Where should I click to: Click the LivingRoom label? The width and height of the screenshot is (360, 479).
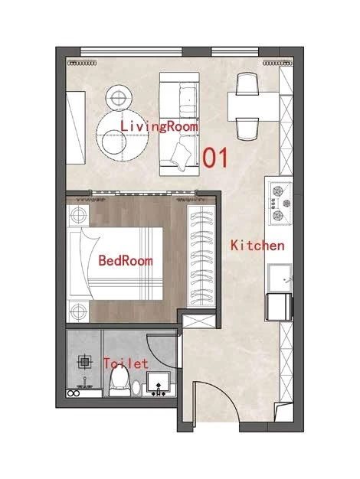(159, 126)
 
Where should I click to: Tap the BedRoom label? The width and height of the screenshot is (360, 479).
(126, 261)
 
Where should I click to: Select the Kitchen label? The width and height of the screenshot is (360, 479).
(257, 246)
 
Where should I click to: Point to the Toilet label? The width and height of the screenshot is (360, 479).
(126, 363)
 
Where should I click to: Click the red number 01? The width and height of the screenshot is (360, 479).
(216, 158)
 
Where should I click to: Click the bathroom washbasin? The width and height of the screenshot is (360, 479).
(159, 383)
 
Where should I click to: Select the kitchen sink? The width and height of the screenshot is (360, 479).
(280, 278)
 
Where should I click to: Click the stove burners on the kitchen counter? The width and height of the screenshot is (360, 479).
(280, 204)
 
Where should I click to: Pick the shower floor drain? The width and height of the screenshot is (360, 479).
(86, 362)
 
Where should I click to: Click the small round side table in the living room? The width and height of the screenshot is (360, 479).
(119, 98)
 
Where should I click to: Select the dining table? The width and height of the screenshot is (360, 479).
(254, 107)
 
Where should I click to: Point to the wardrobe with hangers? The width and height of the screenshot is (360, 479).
(201, 256)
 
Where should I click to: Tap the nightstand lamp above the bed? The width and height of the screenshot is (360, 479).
(78, 216)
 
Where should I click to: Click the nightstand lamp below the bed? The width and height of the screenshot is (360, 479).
(78, 311)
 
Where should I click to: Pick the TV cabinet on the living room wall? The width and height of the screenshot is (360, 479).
(76, 127)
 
